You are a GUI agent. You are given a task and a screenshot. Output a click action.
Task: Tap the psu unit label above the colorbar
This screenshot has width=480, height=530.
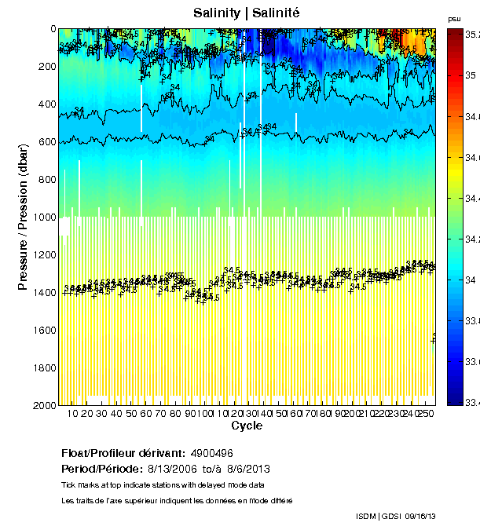click(453, 18)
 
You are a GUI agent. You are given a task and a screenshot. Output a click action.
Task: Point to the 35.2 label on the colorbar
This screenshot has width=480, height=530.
click(474, 35)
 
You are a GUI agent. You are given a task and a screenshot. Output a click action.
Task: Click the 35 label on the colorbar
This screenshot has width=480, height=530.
click(471, 75)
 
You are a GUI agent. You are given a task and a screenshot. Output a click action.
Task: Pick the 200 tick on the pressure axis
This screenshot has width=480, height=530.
click(44, 67)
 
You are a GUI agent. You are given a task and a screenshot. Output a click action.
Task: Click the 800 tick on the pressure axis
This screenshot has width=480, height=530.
click(44, 180)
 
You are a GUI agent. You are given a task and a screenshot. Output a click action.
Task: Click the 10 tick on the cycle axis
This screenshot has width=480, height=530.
click(72, 414)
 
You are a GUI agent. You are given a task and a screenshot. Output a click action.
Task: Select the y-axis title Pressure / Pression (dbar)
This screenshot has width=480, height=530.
click(24, 217)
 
